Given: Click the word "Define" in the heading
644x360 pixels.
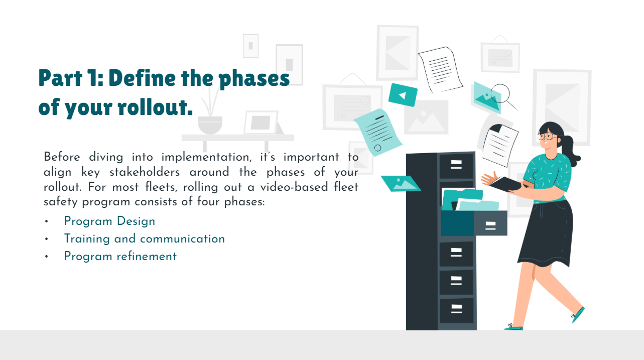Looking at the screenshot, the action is tap(142, 78).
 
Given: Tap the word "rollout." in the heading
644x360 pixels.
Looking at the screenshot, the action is tap(155, 106).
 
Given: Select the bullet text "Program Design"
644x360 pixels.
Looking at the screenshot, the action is tap(109, 221).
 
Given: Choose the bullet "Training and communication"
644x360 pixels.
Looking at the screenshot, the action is tap(145, 239).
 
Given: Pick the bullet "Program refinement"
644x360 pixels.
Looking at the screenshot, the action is tap(120, 257).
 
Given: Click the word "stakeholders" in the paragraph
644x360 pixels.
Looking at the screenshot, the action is tap(145, 172).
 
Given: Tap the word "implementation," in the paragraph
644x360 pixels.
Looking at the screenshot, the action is tap(206, 157).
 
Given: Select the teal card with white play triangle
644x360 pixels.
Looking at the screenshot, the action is tap(403, 95).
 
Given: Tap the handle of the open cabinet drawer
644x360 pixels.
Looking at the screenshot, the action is tap(490, 225).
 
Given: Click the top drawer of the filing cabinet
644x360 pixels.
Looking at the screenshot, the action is tap(456, 165).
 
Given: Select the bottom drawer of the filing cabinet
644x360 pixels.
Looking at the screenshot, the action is tap(456, 310).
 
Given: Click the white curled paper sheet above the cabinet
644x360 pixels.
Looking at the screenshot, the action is tap(440, 70).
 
